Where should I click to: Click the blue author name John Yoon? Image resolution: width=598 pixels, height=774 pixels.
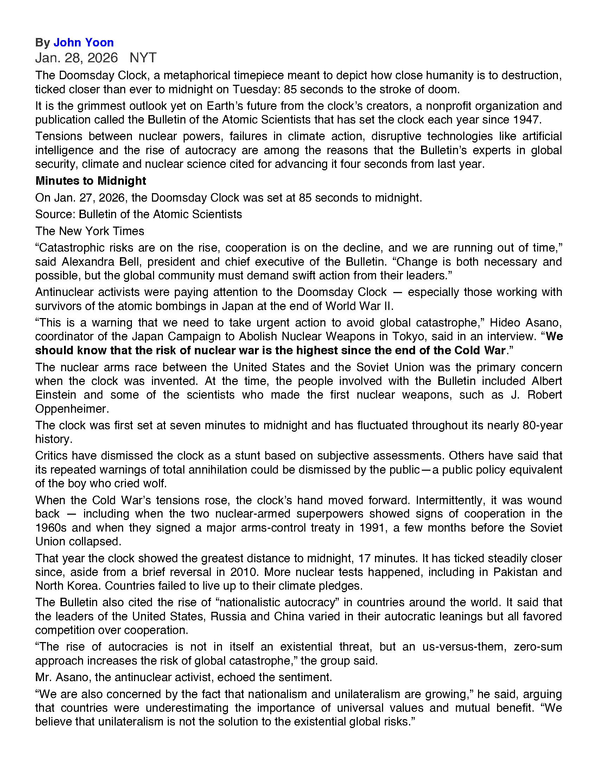84,43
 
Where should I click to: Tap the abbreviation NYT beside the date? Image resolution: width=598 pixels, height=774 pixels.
143,58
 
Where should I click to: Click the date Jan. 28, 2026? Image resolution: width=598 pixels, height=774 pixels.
76,58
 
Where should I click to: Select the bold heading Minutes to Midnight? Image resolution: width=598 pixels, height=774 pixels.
91,181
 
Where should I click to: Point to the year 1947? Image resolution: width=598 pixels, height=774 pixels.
526,120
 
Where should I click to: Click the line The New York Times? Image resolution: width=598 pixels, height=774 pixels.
90,231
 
